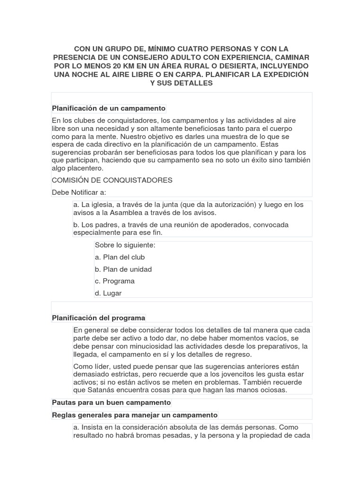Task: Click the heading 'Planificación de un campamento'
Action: (109, 108)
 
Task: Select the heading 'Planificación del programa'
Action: (99, 318)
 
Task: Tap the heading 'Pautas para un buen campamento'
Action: (111, 403)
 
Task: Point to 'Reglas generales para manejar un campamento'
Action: (135, 415)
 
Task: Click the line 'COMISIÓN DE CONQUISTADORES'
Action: (112, 180)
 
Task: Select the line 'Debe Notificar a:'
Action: (79, 192)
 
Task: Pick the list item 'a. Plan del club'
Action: (120, 257)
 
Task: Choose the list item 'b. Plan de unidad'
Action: (123, 269)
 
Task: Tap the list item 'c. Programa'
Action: (114, 281)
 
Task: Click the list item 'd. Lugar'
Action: (108, 293)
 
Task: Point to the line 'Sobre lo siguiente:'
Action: (125, 245)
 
